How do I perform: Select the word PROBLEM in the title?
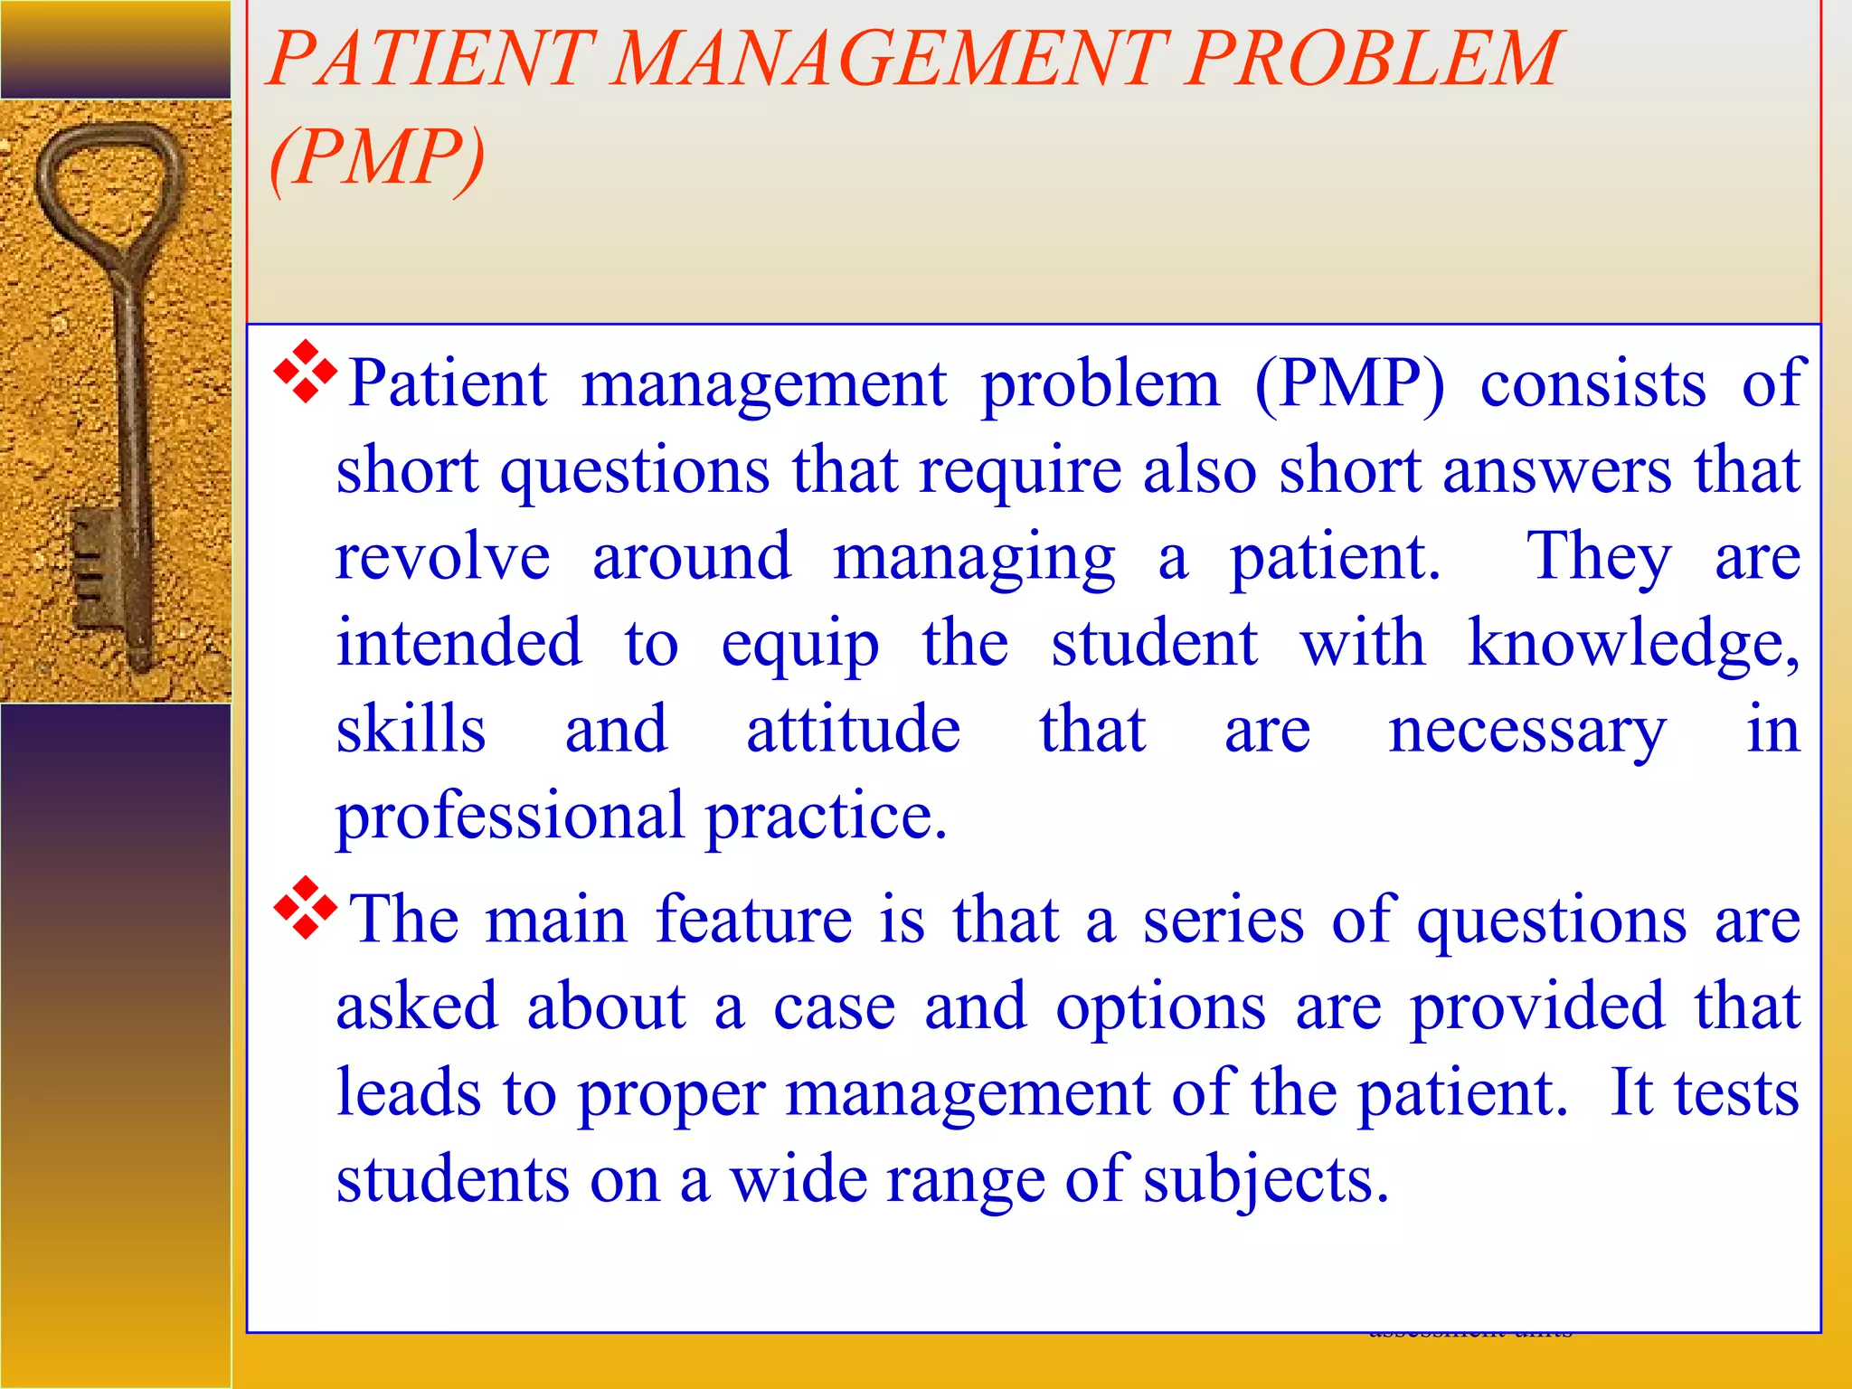(x=1374, y=59)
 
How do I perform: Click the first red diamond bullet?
(x=306, y=371)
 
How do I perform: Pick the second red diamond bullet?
(x=306, y=907)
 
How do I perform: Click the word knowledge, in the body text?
(x=1633, y=644)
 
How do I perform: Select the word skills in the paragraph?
(x=411, y=730)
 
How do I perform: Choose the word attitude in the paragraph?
(x=853, y=730)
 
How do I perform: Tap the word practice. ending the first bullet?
(x=826, y=817)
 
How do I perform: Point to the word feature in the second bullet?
(x=753, y=920)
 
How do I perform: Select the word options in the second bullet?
(x=1161, y=1006)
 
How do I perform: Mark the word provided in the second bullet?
(x=1537, y=1006)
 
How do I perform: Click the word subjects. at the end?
(x=1265, y=1180)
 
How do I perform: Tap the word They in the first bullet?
(x=1599, y=557)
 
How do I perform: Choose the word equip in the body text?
(x=799, y=644)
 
